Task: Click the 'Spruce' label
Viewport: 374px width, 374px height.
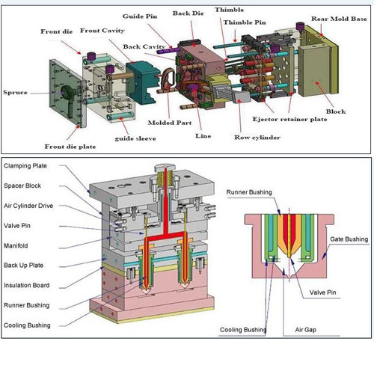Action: [x=15, y=93]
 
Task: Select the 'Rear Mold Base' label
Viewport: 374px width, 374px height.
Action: [x=339, y=19]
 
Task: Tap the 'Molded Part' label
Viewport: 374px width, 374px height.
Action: [x=170, y=123]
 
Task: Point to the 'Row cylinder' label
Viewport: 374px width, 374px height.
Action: [x=257, y=138]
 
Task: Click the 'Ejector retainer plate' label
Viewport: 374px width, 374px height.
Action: [x=289, y=119]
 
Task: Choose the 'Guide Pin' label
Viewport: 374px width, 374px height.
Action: [x=140, y=16]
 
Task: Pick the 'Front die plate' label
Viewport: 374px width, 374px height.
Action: [x=70, y=147]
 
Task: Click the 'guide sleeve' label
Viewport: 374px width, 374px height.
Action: [x=135, y=138]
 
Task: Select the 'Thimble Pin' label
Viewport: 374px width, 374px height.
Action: [x=245, y=22]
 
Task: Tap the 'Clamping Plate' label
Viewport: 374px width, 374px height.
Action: [x=25, y=166]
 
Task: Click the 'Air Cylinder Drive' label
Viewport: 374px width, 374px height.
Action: [x=28, y=206]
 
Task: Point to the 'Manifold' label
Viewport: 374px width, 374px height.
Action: [x=16, y=245]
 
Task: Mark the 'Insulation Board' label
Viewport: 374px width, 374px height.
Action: [x=27, y=285]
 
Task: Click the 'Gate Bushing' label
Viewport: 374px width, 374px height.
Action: [x=349, y=239]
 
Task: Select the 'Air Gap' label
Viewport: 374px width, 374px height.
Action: [x=306, y=330]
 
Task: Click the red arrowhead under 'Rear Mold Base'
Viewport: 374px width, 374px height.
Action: [x=322, y=34]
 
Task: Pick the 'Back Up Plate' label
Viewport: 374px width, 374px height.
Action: [x=23, y=266]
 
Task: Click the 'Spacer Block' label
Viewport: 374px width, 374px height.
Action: [x=22, y=186]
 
